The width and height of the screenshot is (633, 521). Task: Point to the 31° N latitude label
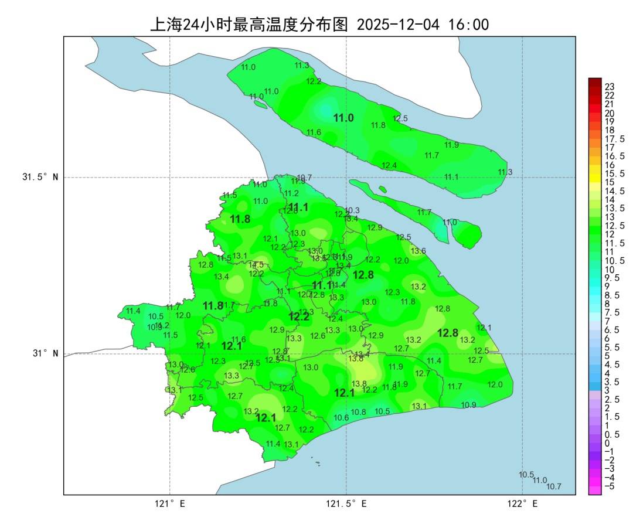click(44, 353)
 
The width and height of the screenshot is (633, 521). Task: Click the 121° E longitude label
click(169, 503)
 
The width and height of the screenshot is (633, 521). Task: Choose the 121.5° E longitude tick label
click(346, 503)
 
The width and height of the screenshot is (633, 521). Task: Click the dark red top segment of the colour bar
click(595, 82)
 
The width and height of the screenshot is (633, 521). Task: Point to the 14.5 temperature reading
click(256, 265)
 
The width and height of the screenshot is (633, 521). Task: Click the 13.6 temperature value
click(418, 251)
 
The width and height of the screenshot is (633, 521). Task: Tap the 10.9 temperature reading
click(468, 405)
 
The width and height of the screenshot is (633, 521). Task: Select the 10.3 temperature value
click(352, 210)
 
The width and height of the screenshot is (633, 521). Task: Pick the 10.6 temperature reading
click(341, 418)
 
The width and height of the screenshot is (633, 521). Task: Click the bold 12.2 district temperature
click(299, 317)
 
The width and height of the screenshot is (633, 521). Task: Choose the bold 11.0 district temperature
click(343, 118)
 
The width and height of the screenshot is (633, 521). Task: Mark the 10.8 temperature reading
click(359, 412)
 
